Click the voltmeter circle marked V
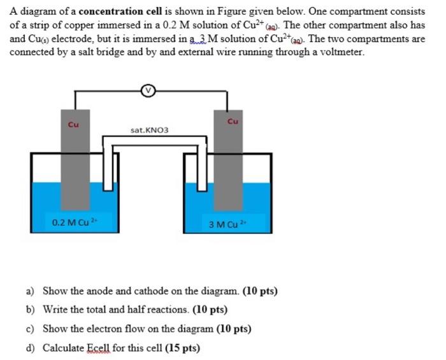click(x=148, y=91)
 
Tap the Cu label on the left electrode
click(x=73, y=125)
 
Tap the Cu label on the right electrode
click(x=233, y=121)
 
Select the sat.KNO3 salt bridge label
click(x=150, y=130)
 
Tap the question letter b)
click(x=30, y=310)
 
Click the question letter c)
click(x=30, y=329)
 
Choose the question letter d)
click(x=30, y=348)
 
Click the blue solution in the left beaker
click(x=45, y=204)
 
